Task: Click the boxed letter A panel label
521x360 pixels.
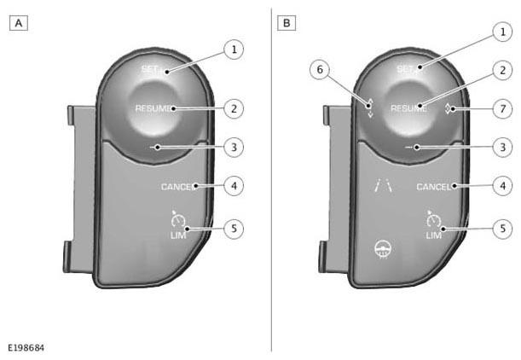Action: [18, 23]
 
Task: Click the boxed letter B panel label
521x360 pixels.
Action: [287, 23]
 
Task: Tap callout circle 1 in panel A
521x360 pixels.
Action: [234, 49]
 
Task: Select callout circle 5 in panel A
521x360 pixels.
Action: [234, 229]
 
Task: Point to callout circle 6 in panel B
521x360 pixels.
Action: [320, 69]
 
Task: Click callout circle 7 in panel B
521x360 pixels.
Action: [502, 108]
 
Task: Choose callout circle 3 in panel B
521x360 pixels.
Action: [502, 148]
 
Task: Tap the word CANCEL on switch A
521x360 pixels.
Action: [177, 187]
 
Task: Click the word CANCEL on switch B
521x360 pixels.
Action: [434, 187]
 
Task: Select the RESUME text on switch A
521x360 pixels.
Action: [155, 108]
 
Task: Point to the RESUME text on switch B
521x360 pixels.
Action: [409, 108]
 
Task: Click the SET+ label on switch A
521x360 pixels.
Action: [153, 69]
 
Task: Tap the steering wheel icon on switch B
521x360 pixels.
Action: [383, 250]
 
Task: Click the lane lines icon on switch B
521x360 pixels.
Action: [383, 185]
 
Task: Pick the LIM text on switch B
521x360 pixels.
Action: [434, 235]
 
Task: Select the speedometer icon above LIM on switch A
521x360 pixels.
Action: [177, 219]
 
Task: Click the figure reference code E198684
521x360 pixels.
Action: [26, 348]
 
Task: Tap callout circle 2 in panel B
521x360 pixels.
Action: [502, 70]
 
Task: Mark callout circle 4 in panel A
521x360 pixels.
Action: [234, 185]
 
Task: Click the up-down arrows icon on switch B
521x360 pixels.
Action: [370, 108]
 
